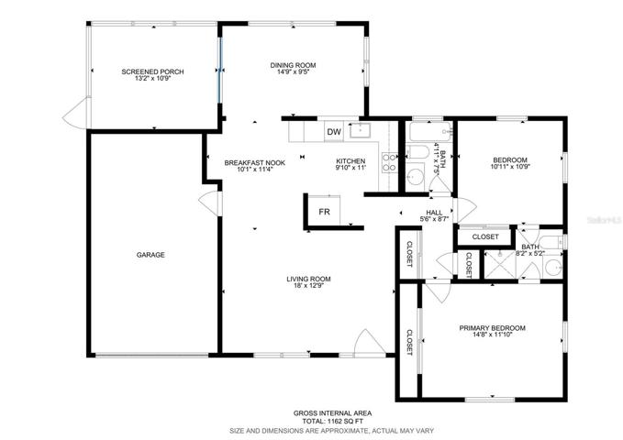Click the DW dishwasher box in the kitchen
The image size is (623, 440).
[334, 132]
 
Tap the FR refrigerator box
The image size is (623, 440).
[324, 211]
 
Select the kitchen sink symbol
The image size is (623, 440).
[360, 130]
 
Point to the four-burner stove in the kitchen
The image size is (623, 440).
[389, 162]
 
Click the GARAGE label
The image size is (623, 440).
[150, 255]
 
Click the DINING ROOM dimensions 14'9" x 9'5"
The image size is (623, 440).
[294, 71]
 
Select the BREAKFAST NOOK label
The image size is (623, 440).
[255, 163]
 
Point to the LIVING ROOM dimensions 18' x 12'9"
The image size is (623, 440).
[308, 285]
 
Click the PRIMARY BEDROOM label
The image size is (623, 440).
[493, 328]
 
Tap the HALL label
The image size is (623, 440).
[434, 213]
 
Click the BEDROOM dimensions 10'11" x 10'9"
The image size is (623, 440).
[510, 167]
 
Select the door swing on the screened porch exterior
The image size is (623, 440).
[76, 113]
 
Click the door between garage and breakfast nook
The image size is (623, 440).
[209, 203]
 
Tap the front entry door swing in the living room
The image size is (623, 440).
[369, 342]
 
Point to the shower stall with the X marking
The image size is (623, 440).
[500, 264]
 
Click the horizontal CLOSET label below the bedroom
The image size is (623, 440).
[485, 236]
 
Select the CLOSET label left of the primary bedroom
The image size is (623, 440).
[409, 342]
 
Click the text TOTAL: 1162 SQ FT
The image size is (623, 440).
[332, 421]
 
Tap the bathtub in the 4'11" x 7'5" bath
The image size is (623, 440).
[430, 131]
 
